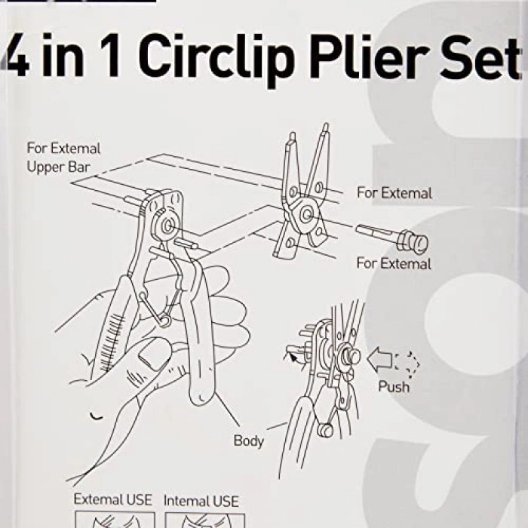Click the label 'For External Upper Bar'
coord(63,158)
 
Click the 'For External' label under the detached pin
coord(394,264)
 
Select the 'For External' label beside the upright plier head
coord(394,193)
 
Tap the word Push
coord(394,387)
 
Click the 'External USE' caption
coord(112,500)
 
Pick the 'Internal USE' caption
coord(201,500)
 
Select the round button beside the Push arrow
coord(351,357)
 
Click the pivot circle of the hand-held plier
coord(164,224)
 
